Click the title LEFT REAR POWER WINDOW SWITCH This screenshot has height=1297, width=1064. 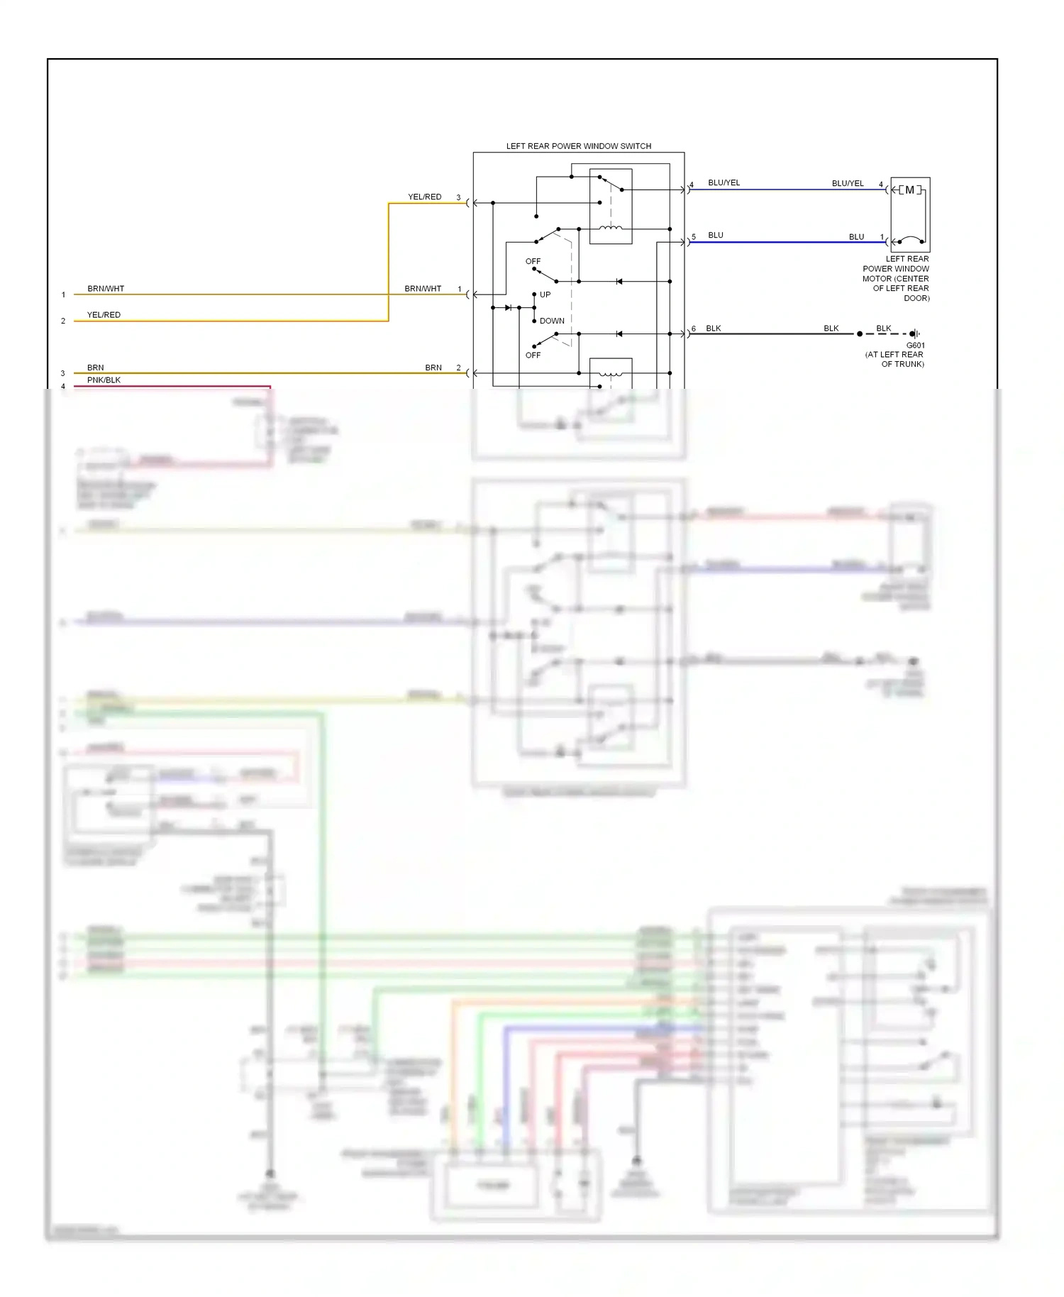point(578,146)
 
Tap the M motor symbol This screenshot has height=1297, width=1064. point(909,190)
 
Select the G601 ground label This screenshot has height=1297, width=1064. point(915,346)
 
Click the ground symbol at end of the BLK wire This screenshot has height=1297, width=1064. point(915,333)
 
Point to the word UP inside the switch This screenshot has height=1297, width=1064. point(545,294)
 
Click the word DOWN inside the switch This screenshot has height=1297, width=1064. point(552,321)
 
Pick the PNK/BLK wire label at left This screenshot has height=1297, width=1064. point(104,380)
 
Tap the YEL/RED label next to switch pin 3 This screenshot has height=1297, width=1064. point(424,197)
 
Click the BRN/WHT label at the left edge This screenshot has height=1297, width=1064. point(106,289)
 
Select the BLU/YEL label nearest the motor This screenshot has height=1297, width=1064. point(848,183)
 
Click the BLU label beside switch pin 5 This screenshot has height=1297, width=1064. point(715,235)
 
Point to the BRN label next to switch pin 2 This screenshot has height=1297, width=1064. point(433,368)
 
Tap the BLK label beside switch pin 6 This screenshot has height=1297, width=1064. point(713,329)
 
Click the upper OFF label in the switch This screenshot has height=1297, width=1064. point(533,261)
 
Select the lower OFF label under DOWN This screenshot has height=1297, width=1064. point(533,355)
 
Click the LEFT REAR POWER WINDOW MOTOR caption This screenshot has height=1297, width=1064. point(896,278)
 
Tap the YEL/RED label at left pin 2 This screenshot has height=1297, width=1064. point(104,315)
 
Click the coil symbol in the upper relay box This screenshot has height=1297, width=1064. point(611,228)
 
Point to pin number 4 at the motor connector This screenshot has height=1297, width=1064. point(881,184)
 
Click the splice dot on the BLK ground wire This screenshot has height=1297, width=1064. point(860,333)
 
